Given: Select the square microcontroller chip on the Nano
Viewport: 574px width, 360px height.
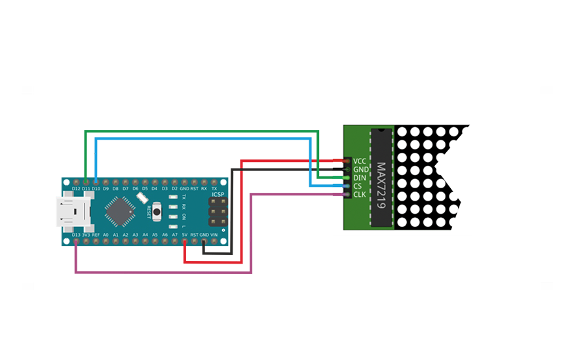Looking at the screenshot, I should coord(120,210).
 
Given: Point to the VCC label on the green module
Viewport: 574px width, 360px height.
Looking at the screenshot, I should coord(360,161).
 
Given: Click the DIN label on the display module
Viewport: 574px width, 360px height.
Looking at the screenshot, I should coord(360,178).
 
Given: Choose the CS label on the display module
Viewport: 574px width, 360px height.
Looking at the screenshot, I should coord(357,186).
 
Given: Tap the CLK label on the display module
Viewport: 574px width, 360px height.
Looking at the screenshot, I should coord(360,195).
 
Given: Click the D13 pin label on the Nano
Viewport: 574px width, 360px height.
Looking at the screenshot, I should coord(76,234).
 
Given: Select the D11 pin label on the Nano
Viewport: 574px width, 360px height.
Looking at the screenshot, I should coord(86,188).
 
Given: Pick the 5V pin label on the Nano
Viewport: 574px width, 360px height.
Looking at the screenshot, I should coord(185,234).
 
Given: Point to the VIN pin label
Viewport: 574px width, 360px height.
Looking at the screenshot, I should coord(214,234).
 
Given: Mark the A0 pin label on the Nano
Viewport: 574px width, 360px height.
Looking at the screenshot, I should coord(105,234).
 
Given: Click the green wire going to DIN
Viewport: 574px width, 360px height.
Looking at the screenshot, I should coord(197,131).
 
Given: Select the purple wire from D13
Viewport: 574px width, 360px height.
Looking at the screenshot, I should coord(164,272).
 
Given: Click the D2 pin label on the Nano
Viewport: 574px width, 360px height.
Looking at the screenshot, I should coord(174,188).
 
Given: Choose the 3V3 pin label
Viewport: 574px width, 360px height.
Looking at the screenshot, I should coord(86,234).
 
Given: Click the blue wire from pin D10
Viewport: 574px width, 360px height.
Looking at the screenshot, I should coord(197,139).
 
